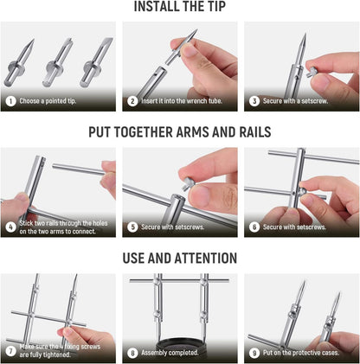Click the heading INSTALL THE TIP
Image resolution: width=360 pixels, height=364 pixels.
180,8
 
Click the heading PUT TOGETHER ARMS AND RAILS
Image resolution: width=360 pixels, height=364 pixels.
180,132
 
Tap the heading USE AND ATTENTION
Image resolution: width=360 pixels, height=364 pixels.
180,258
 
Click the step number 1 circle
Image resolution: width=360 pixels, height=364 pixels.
10,101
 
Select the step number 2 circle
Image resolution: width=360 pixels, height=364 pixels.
132,101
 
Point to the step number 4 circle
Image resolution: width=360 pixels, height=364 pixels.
10,227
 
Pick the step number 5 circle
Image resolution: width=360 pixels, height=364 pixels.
132,227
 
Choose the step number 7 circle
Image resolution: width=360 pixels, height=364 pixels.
10,350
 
